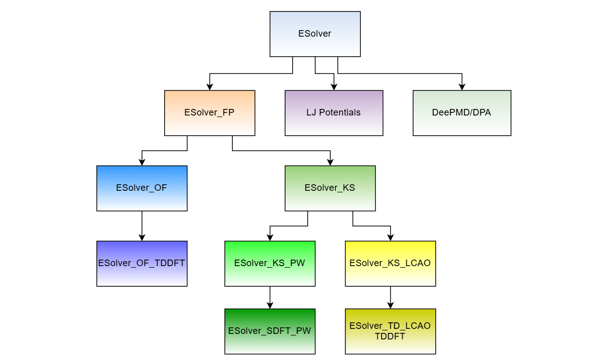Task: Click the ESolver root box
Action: pyautogui.click(x=315, y=34)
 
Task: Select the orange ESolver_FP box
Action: pyautogui.click(x=209, y=113)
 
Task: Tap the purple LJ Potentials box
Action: pyautogui.click(x=334, y=113)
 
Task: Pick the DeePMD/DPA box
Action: pyautogui.click(x=462, y=113)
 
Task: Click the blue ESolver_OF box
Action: pyautogui.click(x=142, y=188)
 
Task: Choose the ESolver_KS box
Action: pyautogui.click(x=330, y=188)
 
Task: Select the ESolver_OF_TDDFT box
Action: pyautogui.click(x=142, y=264)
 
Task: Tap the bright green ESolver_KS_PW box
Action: pyautogui.click(x=270, y=264)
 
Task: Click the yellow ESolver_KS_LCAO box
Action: pyautogui.click(x=390, y=264)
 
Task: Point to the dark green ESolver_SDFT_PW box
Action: pyautogui.click(x=270, y=331)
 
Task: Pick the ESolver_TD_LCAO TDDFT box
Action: pyautogui.click(x=390, y=331)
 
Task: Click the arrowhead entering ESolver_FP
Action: pyautogui.click(x=209, y=87)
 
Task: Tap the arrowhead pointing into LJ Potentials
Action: pyautogui.click(x=334, y=87)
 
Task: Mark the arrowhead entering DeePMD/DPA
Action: pyautogui.click(x=462, y=87)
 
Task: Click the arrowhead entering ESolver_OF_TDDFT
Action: pyautogui.click(x=142, y=237)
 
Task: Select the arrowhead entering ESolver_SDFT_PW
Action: pyautogui.click(x=270, y=305)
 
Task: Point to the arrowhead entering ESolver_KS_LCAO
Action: pyautogui.click(x=390, y=237)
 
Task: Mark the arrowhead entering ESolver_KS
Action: pyautogui.click(x=330, y=162)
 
